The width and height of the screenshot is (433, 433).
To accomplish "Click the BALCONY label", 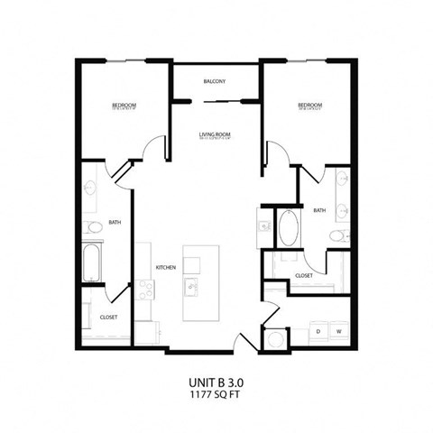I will (214, 82).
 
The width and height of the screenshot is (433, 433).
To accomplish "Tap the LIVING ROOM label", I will (216, 135).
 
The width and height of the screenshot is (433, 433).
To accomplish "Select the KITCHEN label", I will (164, 268).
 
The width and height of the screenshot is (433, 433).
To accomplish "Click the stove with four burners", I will (145, 288).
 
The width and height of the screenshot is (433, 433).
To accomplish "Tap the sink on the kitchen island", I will (193, 288).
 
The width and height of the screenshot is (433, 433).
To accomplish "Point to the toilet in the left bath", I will (93, 227).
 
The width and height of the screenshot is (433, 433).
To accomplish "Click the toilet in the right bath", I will (336, 236).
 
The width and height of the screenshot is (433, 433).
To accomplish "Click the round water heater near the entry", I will (274, 341).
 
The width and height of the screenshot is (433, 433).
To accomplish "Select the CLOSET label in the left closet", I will (108, 318).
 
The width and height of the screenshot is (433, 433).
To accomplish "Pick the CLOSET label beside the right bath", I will (304, 275).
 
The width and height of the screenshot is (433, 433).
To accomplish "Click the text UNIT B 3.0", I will (216, 382).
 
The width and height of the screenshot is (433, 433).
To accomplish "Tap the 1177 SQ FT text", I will (216, 395).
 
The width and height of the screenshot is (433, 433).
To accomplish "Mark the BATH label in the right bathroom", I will (319, 210).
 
